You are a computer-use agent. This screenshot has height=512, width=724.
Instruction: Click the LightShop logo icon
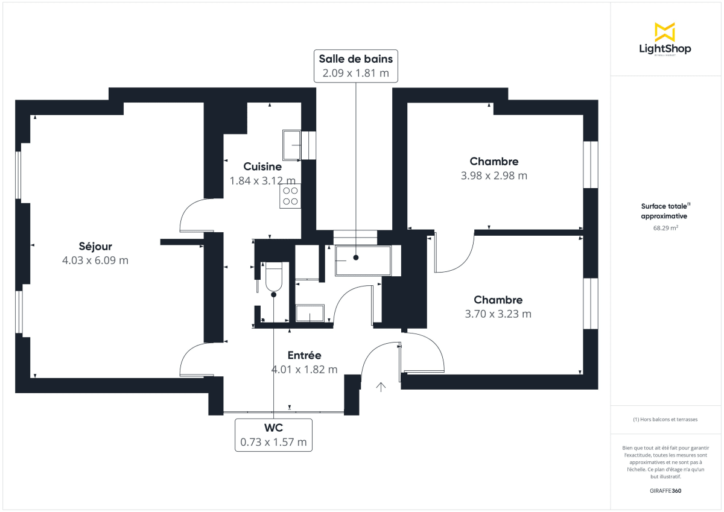[665, 32]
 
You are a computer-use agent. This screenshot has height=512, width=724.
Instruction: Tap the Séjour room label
[95, 246]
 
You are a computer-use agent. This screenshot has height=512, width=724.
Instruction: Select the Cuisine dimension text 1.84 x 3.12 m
[262, 180]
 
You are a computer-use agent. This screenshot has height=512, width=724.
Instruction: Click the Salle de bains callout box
[356, 66]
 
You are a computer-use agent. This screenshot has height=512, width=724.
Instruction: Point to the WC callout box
[273, 434]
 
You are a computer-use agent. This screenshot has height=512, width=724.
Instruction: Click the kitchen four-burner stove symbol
[290, 197]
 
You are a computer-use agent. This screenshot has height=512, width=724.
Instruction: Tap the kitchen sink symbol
[293, 145]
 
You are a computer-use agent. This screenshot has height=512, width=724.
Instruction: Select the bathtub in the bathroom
[363, 261]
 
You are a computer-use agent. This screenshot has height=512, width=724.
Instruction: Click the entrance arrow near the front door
[381, 387]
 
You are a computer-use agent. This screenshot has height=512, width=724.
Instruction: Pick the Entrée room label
[304, 355]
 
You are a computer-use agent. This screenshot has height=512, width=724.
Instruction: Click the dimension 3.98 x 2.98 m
[494, 175]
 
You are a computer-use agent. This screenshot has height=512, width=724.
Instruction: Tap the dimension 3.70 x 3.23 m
[498, 314]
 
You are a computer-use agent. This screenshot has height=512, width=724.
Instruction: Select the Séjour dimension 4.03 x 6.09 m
[95, 261]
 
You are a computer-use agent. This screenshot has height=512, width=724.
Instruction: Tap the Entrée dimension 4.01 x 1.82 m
[304, 370]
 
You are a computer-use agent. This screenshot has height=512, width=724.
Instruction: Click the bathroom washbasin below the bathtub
[310, 314]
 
